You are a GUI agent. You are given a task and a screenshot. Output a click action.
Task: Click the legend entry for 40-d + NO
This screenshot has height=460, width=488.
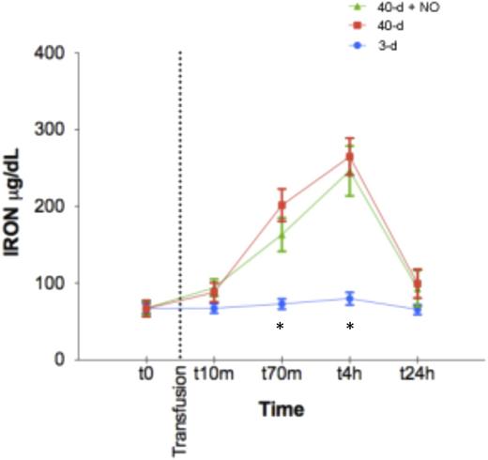coord(385,6)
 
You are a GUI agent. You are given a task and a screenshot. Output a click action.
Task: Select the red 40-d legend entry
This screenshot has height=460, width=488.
coord(374,25)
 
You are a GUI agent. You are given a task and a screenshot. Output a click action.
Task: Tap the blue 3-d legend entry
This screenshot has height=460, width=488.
coord(372,44)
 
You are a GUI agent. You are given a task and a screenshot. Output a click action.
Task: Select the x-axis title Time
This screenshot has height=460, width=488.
coord(281,410)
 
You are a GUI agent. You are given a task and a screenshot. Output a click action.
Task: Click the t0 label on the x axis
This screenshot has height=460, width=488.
coord(145,374)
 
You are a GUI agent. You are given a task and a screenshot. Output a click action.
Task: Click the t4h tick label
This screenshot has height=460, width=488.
coord(350,374)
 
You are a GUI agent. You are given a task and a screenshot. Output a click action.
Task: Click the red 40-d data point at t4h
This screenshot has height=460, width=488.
coord(350,157)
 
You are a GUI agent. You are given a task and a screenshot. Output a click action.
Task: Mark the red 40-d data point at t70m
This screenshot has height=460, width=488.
coord(282,205)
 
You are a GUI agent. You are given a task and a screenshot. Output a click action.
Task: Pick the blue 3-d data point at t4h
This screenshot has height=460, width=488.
coord(350,299)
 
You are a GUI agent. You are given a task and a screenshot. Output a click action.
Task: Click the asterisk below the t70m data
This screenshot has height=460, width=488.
coord(281,327)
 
